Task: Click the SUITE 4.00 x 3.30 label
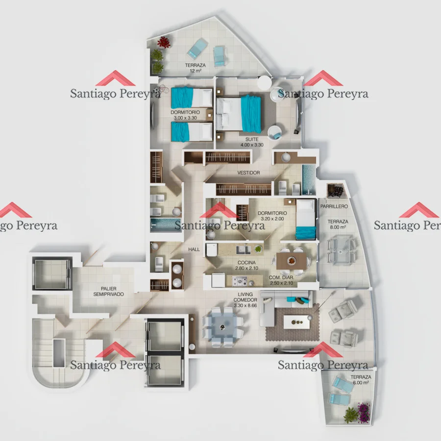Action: click(252, 142)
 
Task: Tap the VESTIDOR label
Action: click(248, 172)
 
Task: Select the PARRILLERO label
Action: click(334, 206)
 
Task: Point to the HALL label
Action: click(194, 249)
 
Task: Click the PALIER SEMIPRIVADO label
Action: click(109, 292)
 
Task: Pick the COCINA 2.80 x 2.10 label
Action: click(246, 265)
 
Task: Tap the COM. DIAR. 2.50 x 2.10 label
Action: click(281, 280)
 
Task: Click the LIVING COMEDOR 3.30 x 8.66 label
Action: click(245, 300)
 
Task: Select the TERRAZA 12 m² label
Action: click(195, 68)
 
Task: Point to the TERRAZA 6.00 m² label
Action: click(361, 380)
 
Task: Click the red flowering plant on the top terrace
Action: click(164, 42)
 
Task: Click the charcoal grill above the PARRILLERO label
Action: click(336, 191)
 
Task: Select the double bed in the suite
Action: click(239, 114)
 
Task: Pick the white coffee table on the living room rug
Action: click(297, 322)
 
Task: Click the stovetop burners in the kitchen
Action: click(240, 281)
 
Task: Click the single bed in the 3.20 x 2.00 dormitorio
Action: click(306, 220)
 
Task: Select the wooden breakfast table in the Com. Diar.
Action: click(291, 261)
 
